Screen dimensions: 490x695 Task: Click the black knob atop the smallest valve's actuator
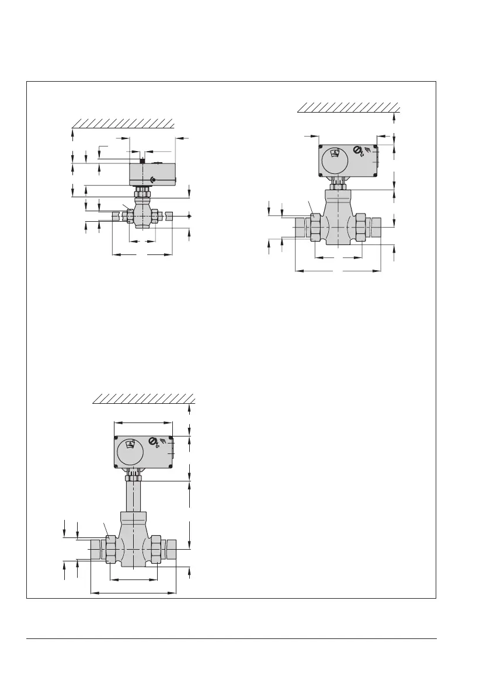pos(142,160)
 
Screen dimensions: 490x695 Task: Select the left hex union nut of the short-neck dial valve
pos(315,227)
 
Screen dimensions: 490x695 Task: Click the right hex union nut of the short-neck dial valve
pos(361,227)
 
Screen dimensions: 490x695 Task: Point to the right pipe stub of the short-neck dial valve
pos(374,227)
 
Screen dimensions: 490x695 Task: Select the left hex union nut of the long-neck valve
pos(109,550)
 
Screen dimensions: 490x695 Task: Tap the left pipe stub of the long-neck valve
pos(96,550)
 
